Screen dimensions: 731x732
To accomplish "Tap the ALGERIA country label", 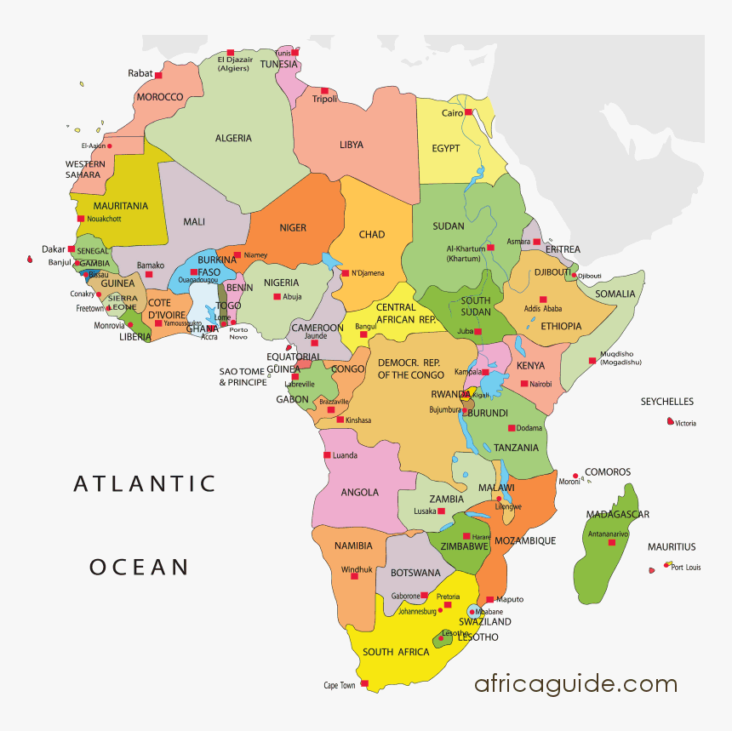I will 233,138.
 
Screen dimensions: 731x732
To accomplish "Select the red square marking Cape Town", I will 364,683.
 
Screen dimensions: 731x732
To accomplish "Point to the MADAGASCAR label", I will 617,514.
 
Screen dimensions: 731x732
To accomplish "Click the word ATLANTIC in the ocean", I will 146,484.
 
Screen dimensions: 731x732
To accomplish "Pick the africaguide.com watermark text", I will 575,683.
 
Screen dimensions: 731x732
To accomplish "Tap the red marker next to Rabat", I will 158,76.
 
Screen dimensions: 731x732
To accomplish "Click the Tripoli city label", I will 324,100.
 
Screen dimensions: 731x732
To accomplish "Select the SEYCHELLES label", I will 666,402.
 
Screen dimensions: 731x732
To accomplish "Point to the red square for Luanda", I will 327,455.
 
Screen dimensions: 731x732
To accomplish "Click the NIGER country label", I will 293,228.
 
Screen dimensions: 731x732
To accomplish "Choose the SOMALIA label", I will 615,294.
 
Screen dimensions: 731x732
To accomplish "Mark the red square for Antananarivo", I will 611,542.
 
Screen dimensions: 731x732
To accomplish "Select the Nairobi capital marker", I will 522,384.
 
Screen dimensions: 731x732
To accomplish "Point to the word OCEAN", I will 140,567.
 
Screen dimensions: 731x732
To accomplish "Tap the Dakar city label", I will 54,249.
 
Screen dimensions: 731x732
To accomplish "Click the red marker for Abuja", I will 277,296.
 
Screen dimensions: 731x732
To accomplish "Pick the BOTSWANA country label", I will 415,573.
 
